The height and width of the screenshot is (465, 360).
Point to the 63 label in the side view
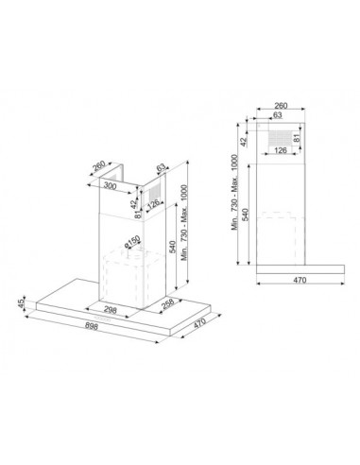coord(278,115)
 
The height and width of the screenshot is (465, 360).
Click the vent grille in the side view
coord(282,135)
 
